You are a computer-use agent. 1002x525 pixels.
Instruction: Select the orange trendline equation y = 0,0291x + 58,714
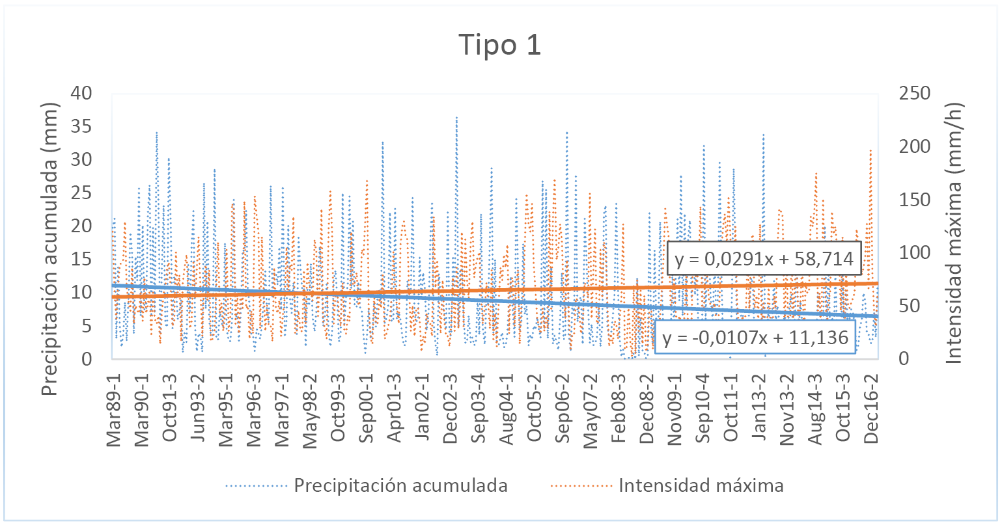tap(764, 260)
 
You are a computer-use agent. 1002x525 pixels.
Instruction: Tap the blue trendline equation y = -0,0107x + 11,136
tap(755, 337)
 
